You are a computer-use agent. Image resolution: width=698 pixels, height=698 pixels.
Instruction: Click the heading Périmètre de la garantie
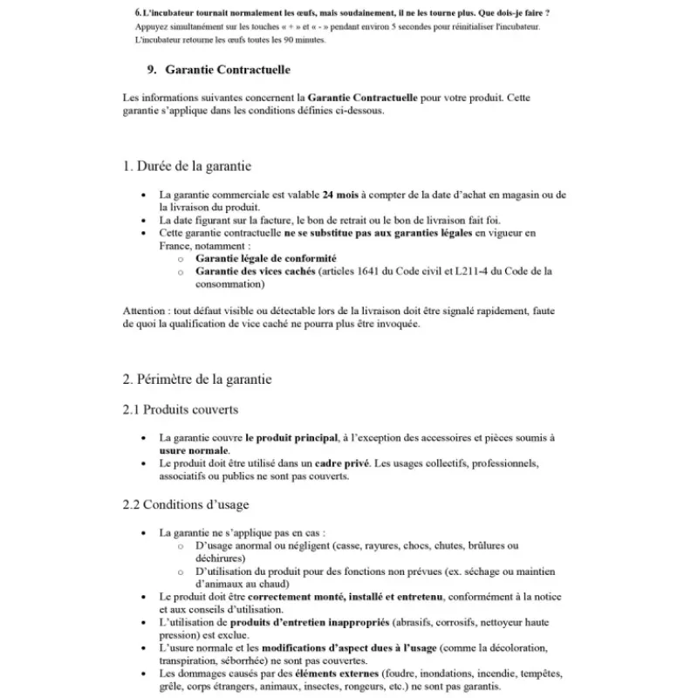(x=197, y=380)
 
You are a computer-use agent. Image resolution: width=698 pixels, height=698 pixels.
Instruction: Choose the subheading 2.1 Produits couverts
(x=181, y=409)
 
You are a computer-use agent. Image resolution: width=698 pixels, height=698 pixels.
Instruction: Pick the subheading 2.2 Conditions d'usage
(x=186, y=504)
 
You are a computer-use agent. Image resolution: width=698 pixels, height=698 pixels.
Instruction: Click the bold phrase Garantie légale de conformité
(x=266, y=258)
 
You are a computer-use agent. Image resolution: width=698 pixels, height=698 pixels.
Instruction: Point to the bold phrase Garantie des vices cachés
(x=255, y=271)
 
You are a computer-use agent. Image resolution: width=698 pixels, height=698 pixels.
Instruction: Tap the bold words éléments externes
(x=332, y=674)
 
